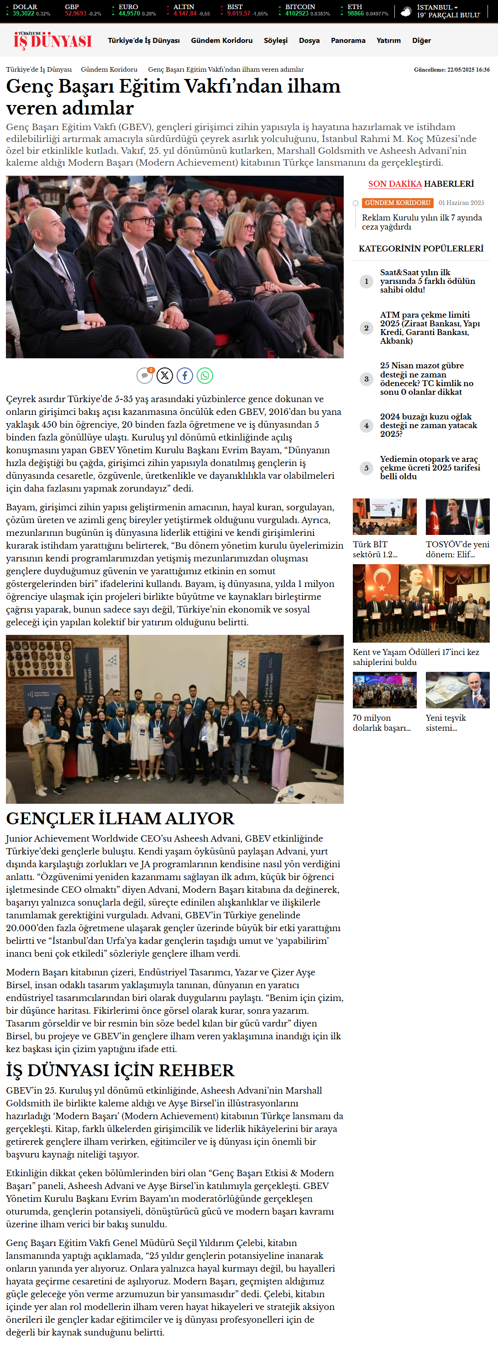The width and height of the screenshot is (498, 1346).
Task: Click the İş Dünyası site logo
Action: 52,40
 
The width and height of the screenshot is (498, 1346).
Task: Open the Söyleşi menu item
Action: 275,40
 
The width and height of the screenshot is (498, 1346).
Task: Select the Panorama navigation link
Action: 347,40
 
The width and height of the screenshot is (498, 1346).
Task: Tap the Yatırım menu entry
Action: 388,40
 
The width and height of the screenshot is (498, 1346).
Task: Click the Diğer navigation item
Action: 421,40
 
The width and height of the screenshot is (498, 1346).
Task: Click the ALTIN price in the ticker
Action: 185,14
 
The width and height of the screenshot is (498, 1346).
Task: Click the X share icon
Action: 165,375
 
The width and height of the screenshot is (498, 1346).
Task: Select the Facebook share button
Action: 184,375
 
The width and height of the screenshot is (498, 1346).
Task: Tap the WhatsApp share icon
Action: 205,375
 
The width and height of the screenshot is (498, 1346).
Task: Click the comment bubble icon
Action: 144,375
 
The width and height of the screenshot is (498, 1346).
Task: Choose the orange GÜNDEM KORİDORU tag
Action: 397,203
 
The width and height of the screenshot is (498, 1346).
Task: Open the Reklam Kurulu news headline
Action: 422,222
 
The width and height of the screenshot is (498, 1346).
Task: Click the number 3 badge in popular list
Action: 367,379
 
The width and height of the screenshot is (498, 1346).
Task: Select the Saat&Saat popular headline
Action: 427,281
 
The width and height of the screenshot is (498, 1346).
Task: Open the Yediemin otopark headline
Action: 430,468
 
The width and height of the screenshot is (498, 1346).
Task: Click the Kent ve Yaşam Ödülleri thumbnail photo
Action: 421,603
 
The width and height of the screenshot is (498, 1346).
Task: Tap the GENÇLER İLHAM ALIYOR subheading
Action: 120,818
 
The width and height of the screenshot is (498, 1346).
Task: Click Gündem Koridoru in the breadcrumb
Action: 109,69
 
